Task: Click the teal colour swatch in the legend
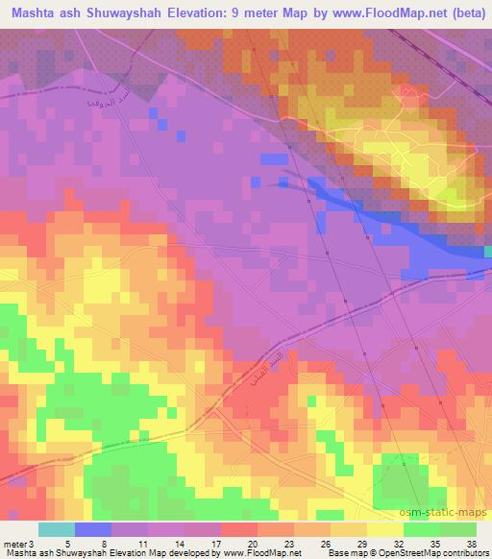pos(57,528)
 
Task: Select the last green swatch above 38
pos(458,528)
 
